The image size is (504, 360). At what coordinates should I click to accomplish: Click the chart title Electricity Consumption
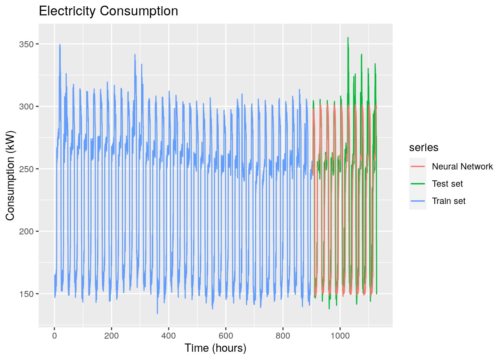click(x=108, y=11)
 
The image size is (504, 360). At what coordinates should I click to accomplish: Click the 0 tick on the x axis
click(x=54, y=336)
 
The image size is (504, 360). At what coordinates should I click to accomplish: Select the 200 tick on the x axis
click(x=111, y=336)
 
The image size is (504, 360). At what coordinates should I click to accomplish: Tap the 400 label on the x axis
click(x=168, y=336)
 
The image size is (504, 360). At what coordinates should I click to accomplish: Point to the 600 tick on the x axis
click(x=226, y=336)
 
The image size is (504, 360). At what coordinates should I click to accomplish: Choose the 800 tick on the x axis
click(x=283, y=336)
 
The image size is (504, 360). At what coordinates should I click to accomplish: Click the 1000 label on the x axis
click(x=340, y=336)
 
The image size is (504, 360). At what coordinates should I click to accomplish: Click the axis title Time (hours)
click(x=215, y=348)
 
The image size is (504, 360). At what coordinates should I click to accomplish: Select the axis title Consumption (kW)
click(x=10, y=175)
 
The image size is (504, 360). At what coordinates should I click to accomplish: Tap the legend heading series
click(x=424, y=147)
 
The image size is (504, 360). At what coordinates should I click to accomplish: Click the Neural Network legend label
click(x=462, y=166)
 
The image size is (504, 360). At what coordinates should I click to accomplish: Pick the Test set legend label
click(x=447, y=184)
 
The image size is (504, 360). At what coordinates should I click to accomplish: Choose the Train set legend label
click(x=448, y=201)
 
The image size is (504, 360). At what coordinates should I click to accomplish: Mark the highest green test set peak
click(x=348, y=37)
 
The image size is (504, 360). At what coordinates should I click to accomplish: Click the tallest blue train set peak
click(x=60, y=44)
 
